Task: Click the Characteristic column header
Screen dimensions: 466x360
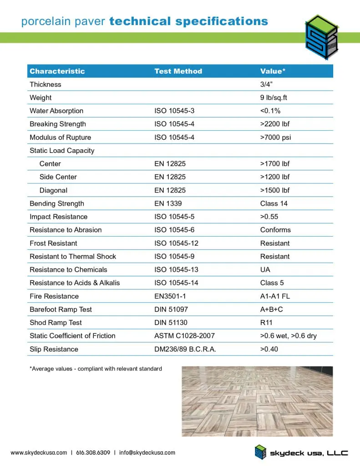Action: [57, 71]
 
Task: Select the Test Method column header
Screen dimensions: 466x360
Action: [178, 71]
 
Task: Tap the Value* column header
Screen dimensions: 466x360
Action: [273, 71]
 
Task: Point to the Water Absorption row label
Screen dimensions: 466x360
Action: [56, 111]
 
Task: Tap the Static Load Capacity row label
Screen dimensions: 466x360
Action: [62, 151]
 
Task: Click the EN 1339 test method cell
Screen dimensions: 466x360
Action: [168, 203]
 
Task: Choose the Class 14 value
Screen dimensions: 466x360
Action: [274, 203]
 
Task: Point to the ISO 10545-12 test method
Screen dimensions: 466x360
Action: [176, 243]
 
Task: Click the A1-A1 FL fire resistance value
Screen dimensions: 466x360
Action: [275, 296]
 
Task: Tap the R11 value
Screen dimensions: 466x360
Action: [266, 323]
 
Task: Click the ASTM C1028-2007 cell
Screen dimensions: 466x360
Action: [184, 336]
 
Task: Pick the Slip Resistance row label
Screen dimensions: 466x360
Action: [54, 349]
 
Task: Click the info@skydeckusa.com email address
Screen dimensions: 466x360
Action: [147, 452]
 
